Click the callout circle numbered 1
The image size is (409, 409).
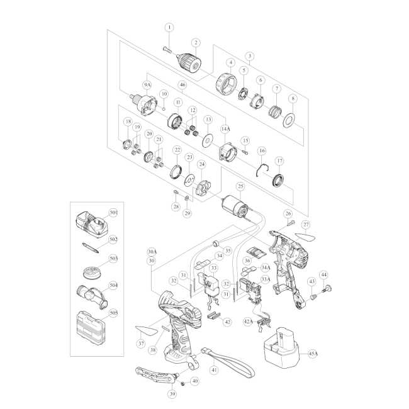pyautogui.click(x=169, y=28)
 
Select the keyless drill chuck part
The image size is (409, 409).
pyautogui.click(x=189, y=62)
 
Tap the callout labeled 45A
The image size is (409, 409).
pyautogui.click(x=313, y=354)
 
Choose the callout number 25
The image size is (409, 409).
pyautogui.click(x=240, y=186)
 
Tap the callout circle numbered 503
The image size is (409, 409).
pyautogui.click(x=113, y=259)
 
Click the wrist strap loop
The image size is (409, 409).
pyautogui.click(x=230, y=362)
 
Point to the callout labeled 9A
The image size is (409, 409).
pyautogui.click(x=147, y=85)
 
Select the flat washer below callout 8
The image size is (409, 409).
pyautogui.click(x=289, y=121)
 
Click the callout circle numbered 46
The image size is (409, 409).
pyautogui.click(x=182, y=85)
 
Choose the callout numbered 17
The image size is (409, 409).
pyautogui.click(x=279, y=161)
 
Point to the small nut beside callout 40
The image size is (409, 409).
pyautogui.click(x=182, y=383)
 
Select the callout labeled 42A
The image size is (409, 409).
pyautogui.click(x=248, y=322)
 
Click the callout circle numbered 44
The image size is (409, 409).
pyautogui.click(x=323, y=275)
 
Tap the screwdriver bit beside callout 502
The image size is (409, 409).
pyautogui.click(x=90, y=247)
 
